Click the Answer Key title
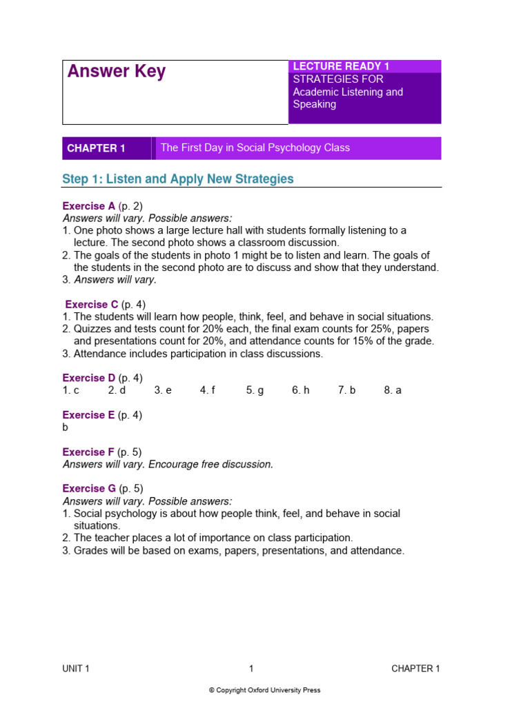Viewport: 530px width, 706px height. coord(116,72)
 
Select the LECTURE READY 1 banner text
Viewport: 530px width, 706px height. coord(341,66)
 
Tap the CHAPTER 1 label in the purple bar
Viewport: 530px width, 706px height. coord(96,148)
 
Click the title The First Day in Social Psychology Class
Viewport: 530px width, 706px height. coord(255,148)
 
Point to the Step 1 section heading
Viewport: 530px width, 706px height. coord(177,179)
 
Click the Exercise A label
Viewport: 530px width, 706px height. coord(89,206)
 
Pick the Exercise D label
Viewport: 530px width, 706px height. coord(89,378)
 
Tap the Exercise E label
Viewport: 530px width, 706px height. coord(89,415)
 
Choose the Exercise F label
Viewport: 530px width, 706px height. coord(88,452)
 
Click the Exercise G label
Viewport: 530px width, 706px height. coord(89,489)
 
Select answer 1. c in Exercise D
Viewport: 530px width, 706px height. coord(71,390)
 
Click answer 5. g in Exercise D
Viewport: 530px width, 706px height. coord(255,390)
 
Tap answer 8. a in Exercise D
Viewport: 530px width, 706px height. coord(393,390)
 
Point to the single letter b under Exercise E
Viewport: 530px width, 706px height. coord(66,427)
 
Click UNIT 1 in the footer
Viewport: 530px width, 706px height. coord(76,668)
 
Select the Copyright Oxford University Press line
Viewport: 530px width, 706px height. coord(264,690)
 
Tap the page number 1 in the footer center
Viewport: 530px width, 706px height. coord(251,668)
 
